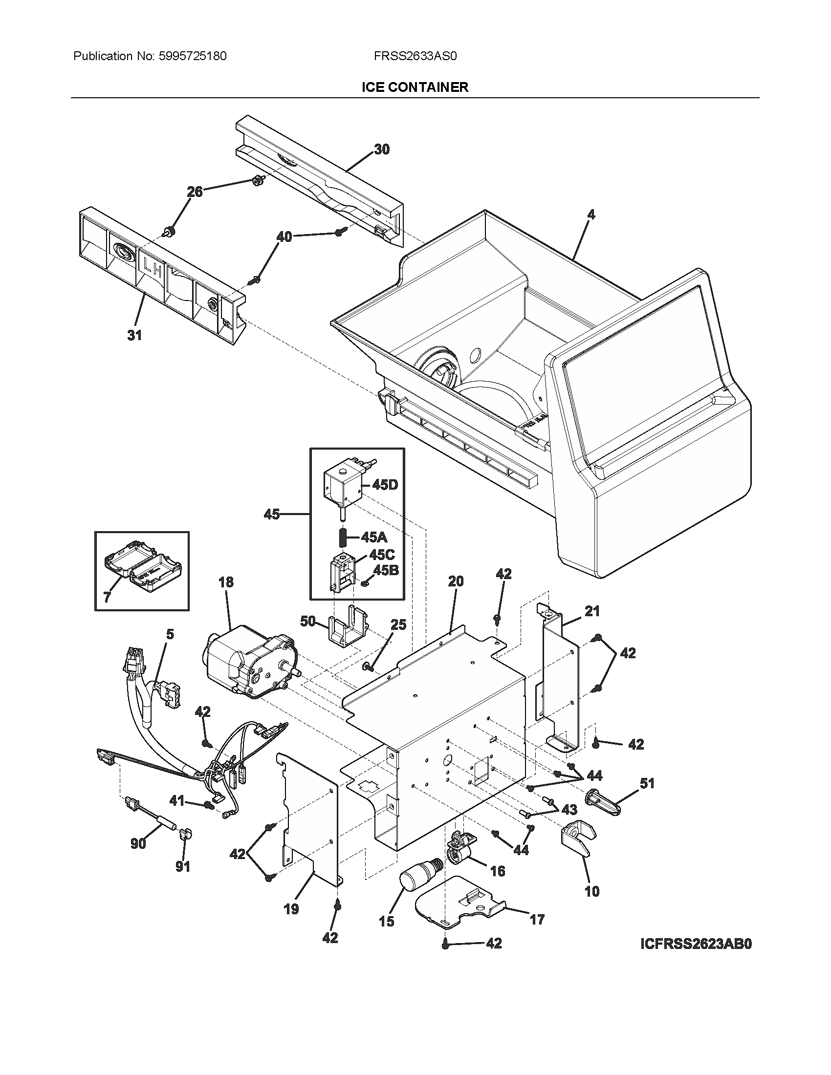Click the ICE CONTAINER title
pyautogui.click(x=415, y=87)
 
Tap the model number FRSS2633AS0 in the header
pyautogui.click(x=415, y=56)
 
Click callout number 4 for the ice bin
pyautogui.click(x=591, y=215)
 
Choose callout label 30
pyautogui.click(x=382, y=149)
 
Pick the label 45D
pyautogui.click(x=385, y=485)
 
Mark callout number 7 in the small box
pyautogui.click(x=108, y=597)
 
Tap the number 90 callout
pyautogui.click(x=138, y=844)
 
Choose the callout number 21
pyautogui.click(x=592, y=611)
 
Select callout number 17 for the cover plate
pyautogui.click(x=537, y=919)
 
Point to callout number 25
pyautogui.click(x=398, y=625)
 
